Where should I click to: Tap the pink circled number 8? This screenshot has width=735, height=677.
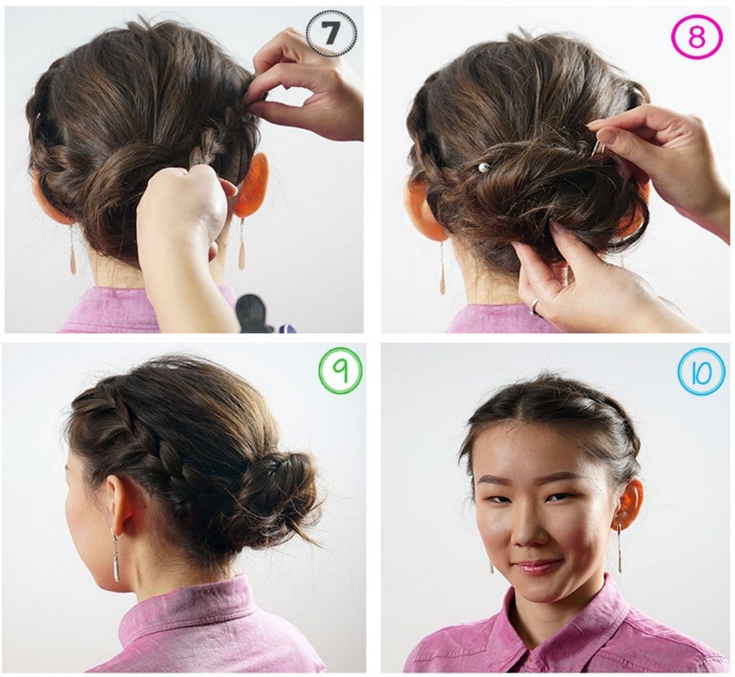(696, 37)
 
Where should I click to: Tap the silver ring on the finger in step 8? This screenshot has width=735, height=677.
(534, 305)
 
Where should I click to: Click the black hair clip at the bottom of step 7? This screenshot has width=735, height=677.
(256, 312)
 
